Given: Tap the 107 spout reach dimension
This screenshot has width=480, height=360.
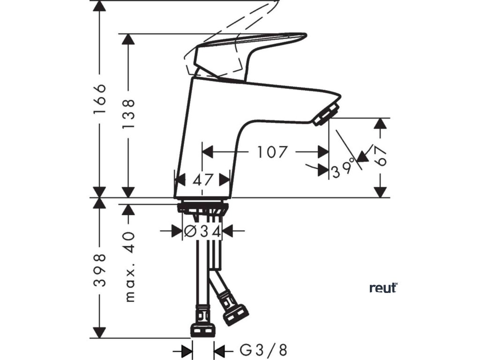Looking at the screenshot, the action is [271, 152].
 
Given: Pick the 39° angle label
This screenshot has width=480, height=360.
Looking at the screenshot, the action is [344, 170].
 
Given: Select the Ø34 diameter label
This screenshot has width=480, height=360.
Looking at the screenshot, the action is [202, 231].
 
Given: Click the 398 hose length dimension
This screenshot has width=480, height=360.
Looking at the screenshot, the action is [99, 270].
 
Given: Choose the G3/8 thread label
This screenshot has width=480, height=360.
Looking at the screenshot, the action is [263, 350].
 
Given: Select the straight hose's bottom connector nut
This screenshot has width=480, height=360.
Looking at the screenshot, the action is [203, 330].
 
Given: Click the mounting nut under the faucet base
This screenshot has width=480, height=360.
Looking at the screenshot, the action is [202, 208].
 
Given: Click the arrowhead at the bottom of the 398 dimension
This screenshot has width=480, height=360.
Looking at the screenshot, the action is [99, 331].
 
